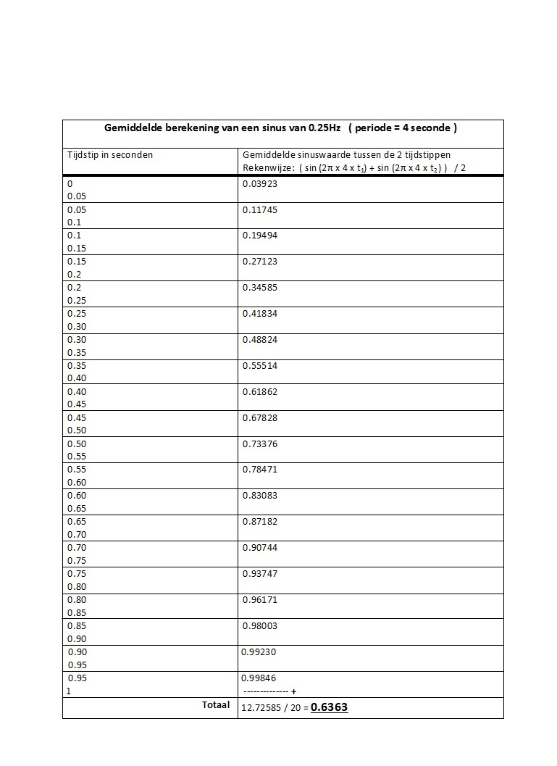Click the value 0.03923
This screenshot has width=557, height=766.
coord(260,184)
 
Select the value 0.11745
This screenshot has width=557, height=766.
coord(260,210)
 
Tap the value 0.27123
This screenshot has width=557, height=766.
coord(260,262)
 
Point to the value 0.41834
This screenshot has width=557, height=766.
coord(260,314)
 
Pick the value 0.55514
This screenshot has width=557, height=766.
coord(260,366)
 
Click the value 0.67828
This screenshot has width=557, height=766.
coord(260,418)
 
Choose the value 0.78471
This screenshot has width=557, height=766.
coord(260,470)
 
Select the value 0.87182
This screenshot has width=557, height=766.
coord(260,522)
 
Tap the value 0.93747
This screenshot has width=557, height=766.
coord(260,574)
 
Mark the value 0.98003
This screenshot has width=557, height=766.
coord(260,626)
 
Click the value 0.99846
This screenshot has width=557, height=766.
coord(259,678)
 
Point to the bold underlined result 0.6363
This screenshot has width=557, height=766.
coord(330,707)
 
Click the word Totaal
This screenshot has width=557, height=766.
coord(216,704)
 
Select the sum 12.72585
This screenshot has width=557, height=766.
coord(262,708)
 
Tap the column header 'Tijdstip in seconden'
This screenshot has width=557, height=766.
coord(110,154)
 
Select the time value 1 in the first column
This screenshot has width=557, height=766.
coord(70,691)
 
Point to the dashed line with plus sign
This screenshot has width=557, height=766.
coord(269,691)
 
